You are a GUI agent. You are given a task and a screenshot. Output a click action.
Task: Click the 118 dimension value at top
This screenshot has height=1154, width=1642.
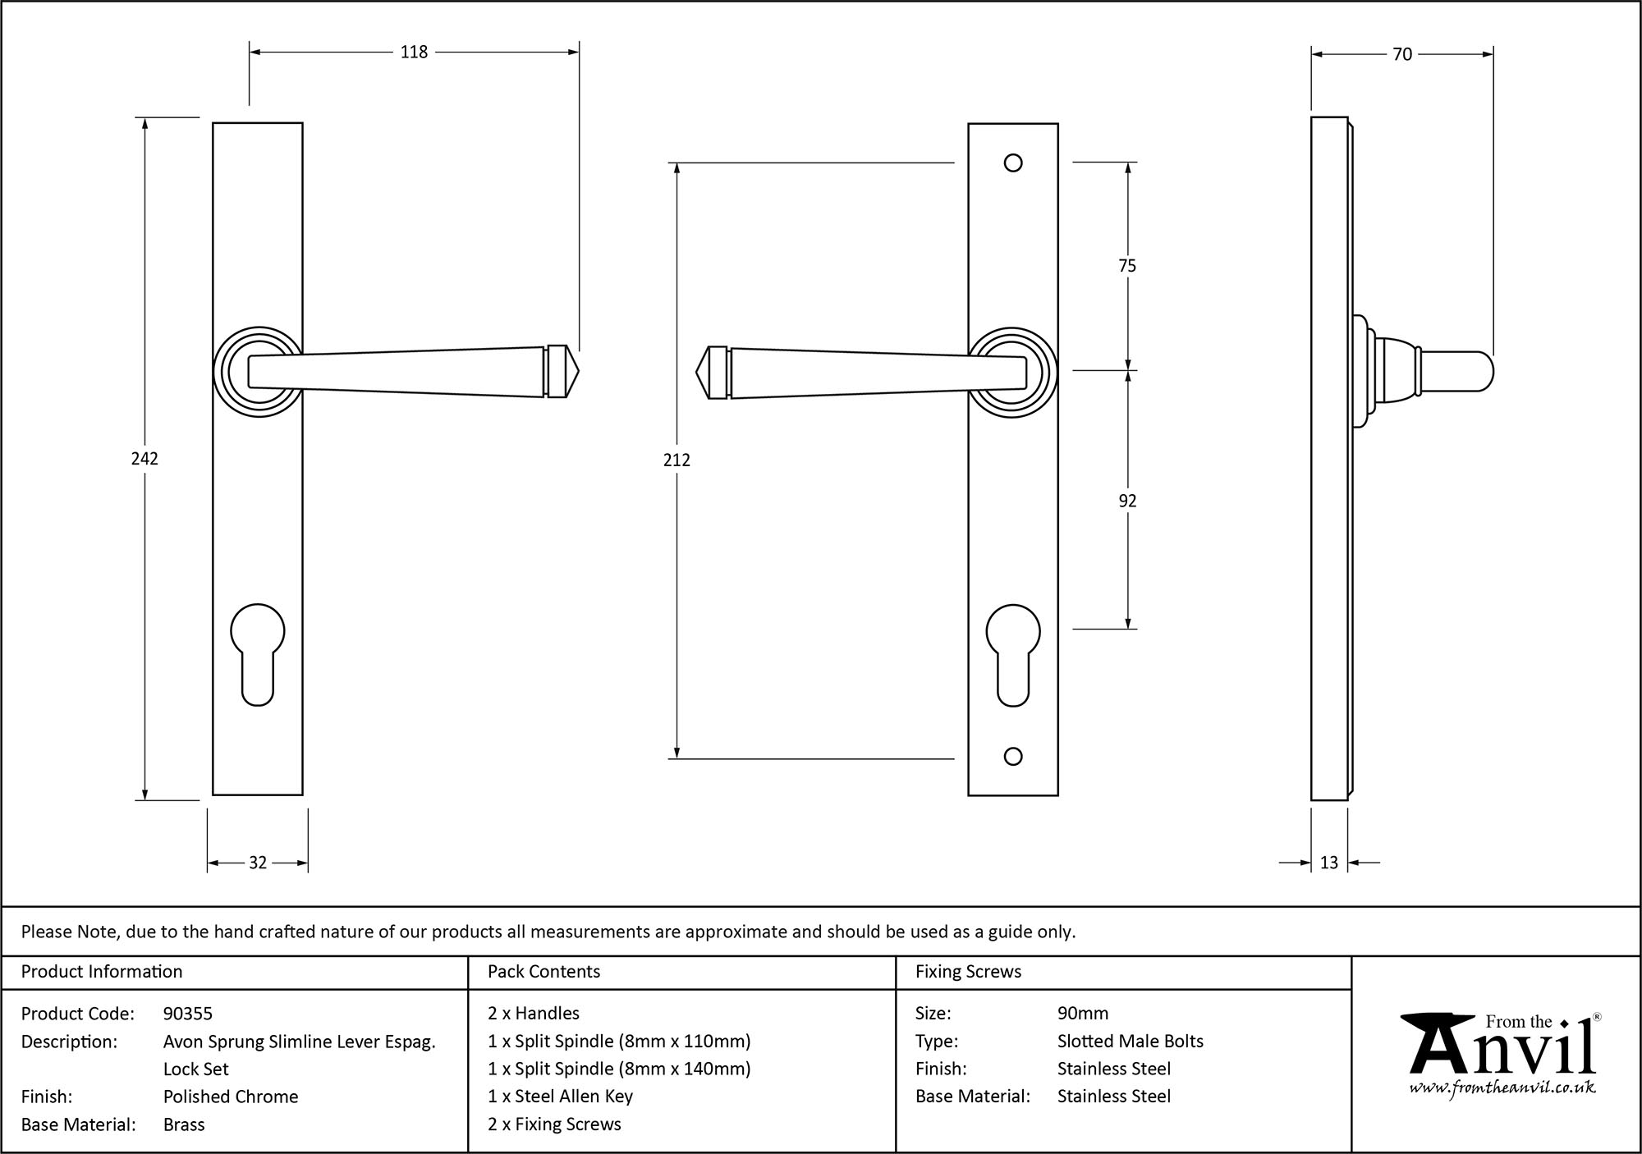coord(414,53)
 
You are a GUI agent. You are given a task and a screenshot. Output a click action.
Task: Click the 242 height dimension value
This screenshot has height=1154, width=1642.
coord(144,459)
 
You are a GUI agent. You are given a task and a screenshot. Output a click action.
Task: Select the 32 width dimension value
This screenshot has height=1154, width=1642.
coord(258,863)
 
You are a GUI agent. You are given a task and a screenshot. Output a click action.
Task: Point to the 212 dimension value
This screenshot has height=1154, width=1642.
coord(677,460)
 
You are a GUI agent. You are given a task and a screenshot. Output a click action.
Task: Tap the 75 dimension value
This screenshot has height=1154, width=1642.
coord(1127,266)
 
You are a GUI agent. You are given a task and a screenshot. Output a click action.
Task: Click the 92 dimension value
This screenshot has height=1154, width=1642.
coord(1127,501)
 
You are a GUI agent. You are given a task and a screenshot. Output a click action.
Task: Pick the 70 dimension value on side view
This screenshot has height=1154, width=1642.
coord(1402,55)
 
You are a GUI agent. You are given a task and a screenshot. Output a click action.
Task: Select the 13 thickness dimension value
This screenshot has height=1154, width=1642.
coord(1329,863)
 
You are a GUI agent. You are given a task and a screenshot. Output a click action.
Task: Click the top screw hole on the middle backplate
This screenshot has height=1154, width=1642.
coord(1013,163)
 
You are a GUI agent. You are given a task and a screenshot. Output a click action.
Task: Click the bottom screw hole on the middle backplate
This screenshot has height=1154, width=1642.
coord(1013,757)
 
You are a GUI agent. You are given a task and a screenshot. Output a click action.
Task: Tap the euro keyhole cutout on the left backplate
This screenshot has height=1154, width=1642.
coord(258,653)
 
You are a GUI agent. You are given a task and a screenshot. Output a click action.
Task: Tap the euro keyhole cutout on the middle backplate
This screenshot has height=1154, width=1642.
coord(1013,653)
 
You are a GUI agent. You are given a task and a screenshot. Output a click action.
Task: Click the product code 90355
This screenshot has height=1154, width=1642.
coord(188,1014)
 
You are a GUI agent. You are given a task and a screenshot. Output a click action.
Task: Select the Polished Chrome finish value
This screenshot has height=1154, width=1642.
coord(231,1097)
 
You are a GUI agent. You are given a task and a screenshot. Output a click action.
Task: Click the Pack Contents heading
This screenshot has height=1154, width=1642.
coord(544,972)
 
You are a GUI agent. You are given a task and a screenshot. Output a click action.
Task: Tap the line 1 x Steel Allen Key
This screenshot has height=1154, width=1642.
coord(560,1097)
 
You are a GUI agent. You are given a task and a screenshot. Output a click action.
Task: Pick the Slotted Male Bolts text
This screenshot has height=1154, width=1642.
coord(1130,1042)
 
